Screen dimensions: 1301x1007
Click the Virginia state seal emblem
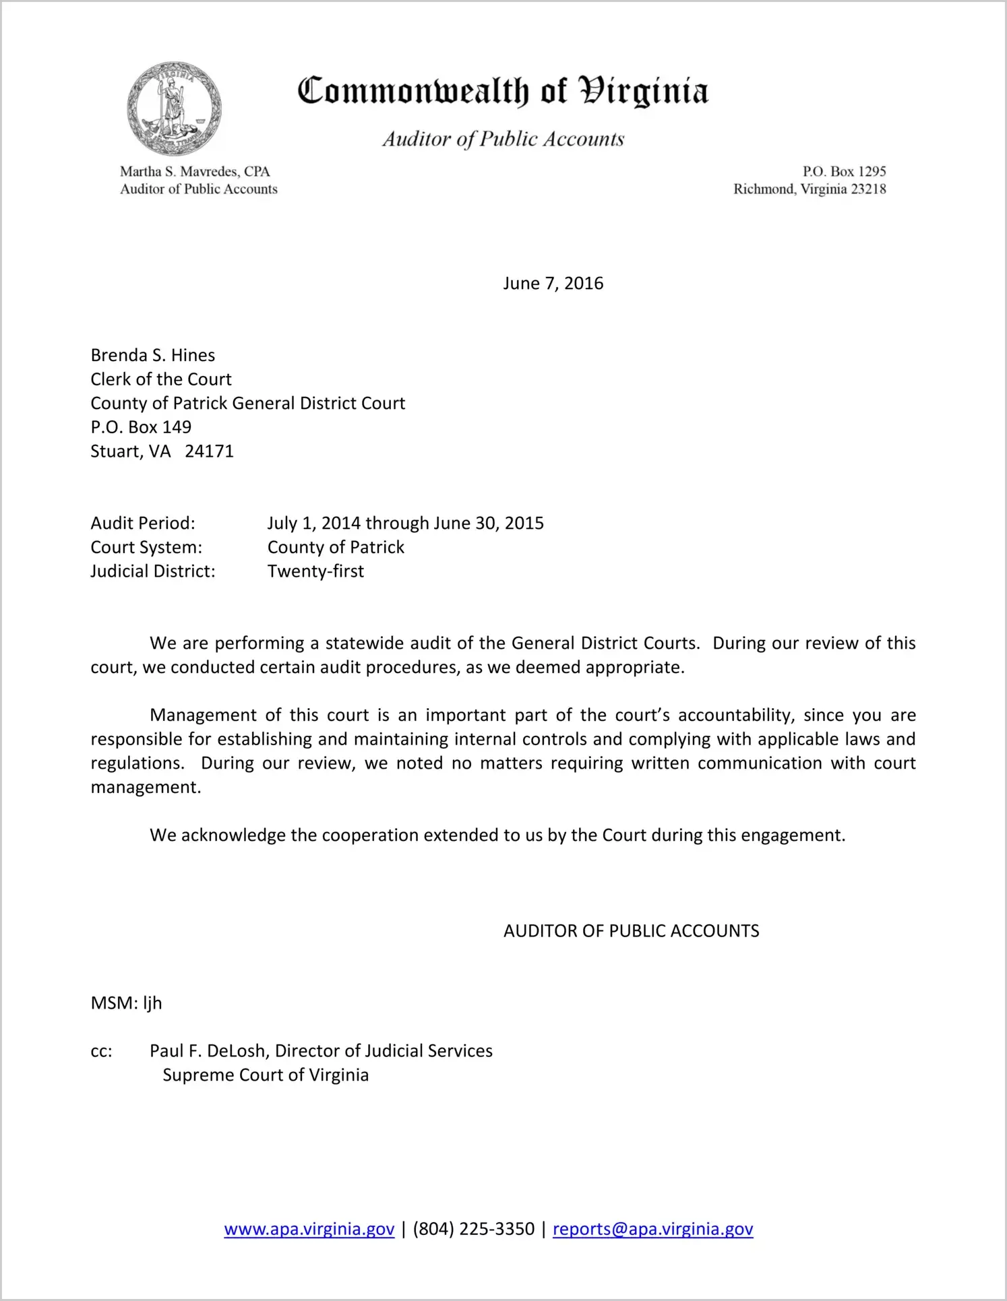[174, 108]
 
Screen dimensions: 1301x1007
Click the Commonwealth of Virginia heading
[503, 91]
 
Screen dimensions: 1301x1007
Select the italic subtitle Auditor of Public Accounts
[503, 139]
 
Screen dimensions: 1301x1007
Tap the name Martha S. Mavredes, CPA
[195, 171]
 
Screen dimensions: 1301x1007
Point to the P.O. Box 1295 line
[844, 171]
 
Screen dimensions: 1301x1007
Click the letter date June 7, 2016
[553, 283]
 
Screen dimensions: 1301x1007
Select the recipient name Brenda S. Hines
[153, 355]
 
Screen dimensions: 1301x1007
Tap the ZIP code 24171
[209, 451]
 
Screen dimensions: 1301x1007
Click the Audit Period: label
[143, 523]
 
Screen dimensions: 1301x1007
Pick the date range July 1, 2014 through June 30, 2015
[405, 523]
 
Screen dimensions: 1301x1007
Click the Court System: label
[146, 547]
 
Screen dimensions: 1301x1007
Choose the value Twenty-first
[315, 571]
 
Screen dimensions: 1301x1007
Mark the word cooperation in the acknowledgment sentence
[370, 835]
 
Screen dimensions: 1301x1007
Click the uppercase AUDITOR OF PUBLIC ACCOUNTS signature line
[631, 931]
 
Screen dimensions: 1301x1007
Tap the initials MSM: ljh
[126, 1003]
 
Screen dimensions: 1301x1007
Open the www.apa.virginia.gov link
[309, 1229]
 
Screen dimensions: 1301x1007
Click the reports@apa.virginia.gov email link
[652, 1229]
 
